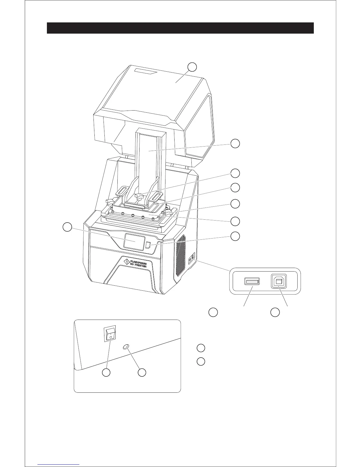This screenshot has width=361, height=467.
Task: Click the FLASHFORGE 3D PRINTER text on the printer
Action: click(x=139, y=263)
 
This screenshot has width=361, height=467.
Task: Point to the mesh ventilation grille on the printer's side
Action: click(x=180, y=256)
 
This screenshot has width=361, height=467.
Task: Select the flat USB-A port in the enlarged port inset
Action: click(x=252, y=282)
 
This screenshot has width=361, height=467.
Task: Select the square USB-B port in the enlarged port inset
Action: click(x=278, y=282)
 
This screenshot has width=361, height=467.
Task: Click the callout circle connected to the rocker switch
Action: click(x=106, y=373)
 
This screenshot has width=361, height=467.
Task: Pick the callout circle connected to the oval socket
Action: click(x=142, y=373)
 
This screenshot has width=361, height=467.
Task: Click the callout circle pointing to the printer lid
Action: click(x=192, y=67)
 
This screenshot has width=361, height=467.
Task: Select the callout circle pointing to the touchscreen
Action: click(x=68, y=227)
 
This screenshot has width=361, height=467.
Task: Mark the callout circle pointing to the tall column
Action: click(x=235, y=144)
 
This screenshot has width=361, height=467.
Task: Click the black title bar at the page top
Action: click(x=180, y=28)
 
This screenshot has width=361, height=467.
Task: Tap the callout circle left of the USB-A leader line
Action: click(x=213, y=312)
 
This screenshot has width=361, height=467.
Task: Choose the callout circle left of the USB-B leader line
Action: click(x=275, y=312)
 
